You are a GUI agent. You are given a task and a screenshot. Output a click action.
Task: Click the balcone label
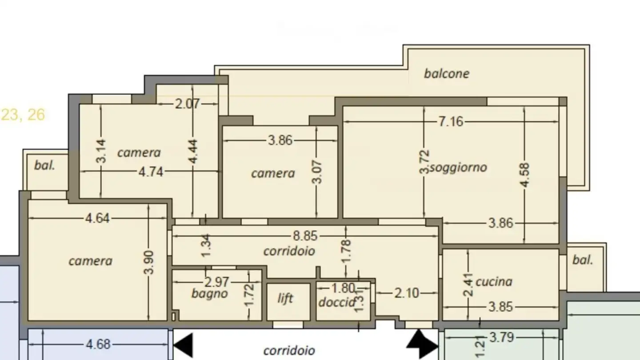(x=446, y=73)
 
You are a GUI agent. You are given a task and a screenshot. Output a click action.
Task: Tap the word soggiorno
(x=458, y=168)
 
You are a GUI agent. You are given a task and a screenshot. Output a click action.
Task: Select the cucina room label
(x=494, y=281)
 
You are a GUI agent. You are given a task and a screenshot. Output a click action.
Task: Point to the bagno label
(x=210, y=293)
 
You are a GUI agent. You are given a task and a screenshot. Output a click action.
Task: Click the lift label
(x=285, y=298)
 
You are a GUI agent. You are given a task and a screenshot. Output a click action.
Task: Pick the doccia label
(x=337, y=302)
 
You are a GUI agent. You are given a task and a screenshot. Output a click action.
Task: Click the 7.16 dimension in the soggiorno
(x=451, y=121)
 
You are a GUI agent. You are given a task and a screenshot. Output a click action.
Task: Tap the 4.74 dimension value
(x=151, y=172)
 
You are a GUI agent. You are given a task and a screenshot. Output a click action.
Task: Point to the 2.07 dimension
(x=188, y=104)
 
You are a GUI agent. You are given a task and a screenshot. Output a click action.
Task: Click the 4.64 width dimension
(x=97, y=218)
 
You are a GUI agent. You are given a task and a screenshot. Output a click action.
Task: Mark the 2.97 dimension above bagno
(x=216, y=282)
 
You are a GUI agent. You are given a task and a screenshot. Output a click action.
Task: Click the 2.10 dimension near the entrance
(x=407, y=293)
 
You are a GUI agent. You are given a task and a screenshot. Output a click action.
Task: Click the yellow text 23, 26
(x=23, y=115)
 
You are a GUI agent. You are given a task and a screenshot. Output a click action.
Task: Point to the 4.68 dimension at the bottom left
(x=98, y=344)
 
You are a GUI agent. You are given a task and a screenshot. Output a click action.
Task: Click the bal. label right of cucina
(x=583, y=260)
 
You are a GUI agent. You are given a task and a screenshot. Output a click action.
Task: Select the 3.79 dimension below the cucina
(x=502, y=338)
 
